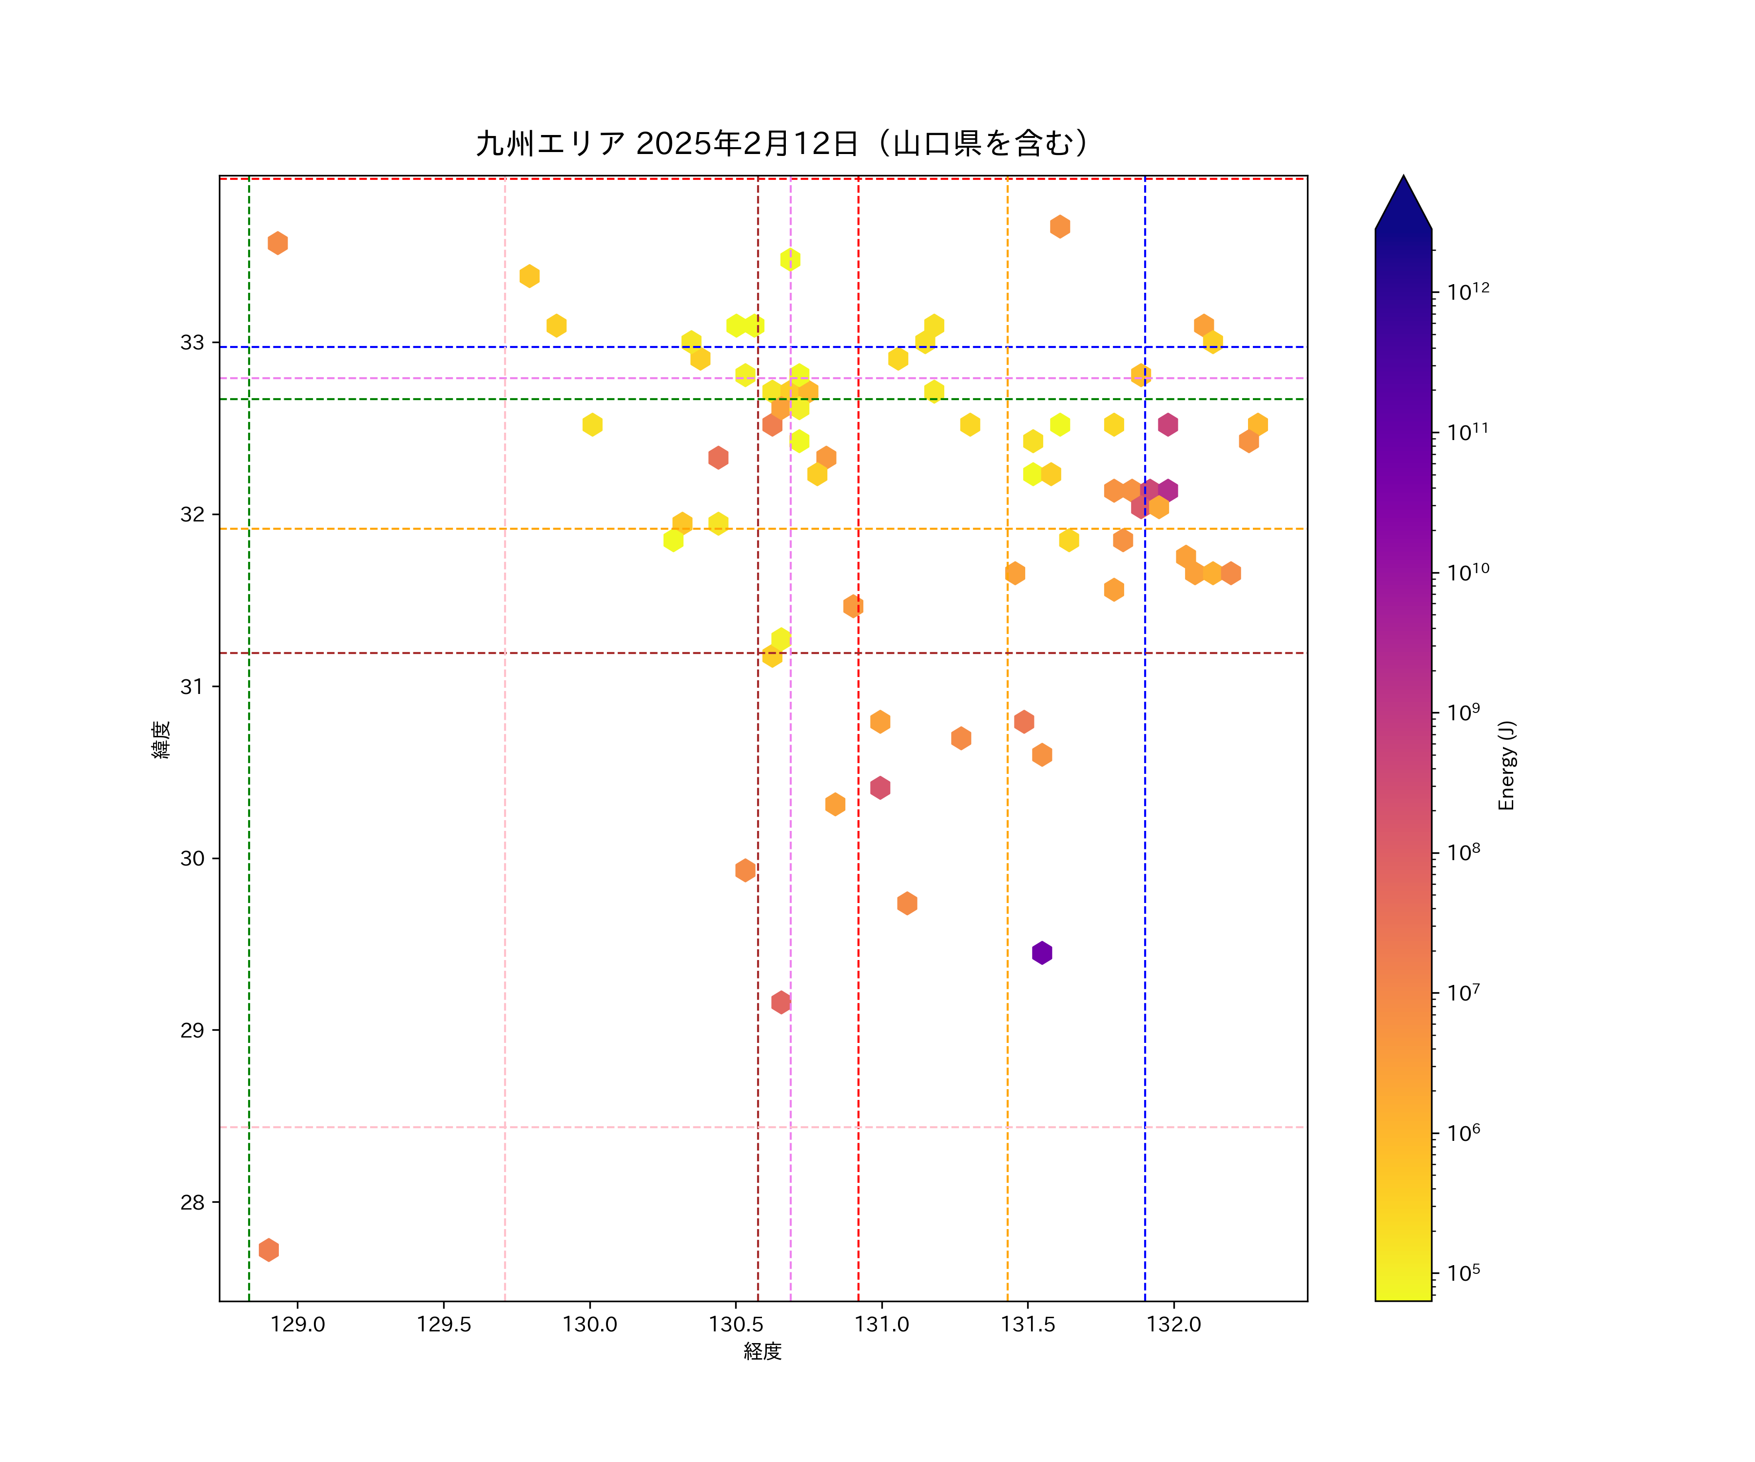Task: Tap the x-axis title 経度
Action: (762, 1351)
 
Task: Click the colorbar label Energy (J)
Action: (1506, 765)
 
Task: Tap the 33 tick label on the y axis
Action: (192, 343)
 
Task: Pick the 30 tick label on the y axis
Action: (192, 859)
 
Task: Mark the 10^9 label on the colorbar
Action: (1463, 712)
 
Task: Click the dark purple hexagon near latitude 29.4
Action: (1041, 952)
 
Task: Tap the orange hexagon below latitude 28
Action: (268, 1250)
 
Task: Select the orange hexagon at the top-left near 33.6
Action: (277, 243)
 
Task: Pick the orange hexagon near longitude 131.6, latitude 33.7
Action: (1060, 227)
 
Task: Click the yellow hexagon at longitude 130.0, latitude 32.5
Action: (592, 424)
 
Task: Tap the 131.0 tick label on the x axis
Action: (882, 1324)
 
